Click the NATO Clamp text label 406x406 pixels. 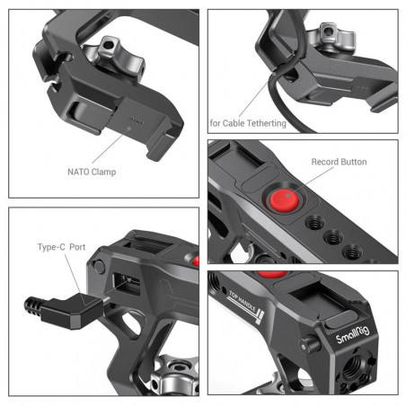[91, 168]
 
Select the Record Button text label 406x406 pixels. [339, 162]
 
